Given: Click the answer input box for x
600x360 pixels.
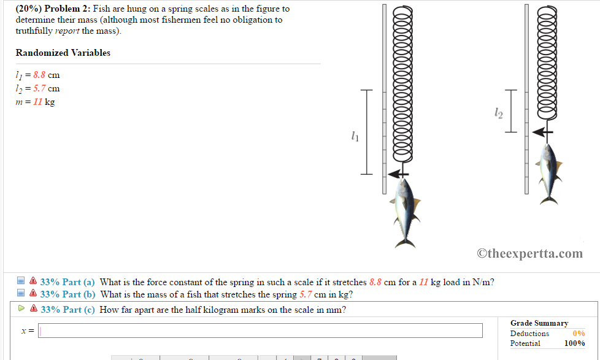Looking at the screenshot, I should point(261,331).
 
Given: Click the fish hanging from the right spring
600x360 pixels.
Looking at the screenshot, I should point(547,173).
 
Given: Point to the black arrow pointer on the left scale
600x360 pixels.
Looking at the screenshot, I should point(399,174).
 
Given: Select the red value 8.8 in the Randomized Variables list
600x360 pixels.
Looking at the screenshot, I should point(39,75).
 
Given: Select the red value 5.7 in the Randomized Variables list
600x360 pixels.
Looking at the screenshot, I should point(39,88).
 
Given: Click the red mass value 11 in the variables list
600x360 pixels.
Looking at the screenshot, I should point(37,102).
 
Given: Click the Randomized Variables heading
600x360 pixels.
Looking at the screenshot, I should point(63,53).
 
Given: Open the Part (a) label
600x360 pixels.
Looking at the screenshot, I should point(67,282).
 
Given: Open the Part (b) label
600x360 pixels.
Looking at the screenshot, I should point(67,294).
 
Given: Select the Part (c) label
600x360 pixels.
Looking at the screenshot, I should point(67,310).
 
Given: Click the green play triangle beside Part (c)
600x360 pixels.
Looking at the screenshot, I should point(21,309).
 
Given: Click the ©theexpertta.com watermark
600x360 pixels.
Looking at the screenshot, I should point(529,253).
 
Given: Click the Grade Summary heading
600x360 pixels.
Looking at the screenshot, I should point(539,323).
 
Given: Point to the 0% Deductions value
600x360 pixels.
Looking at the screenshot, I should point(579,334).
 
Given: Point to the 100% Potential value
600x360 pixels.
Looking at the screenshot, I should point(575,343).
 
